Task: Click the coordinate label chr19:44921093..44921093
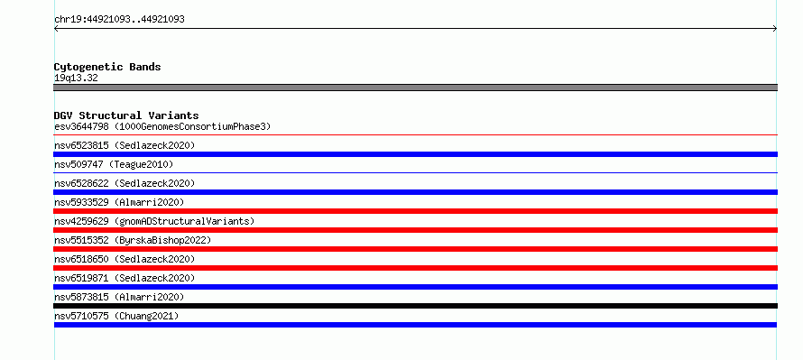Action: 119,20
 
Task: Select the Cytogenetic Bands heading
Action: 107,67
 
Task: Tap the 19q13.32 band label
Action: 76,78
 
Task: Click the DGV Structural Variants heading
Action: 126,115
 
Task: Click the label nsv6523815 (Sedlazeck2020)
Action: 125,145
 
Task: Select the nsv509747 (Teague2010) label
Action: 114,164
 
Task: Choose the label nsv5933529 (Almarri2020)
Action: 119,202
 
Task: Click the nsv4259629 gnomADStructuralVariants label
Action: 154,221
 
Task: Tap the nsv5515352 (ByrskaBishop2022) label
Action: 133,240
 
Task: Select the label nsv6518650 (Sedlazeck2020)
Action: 125,259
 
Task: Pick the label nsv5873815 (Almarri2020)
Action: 119,297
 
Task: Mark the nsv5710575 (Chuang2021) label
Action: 116,316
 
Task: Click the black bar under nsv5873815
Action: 415,306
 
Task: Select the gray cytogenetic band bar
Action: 415,88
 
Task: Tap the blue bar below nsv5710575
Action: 415,325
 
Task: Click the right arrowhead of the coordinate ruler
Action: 776,29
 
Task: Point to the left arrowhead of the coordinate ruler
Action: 55,29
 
